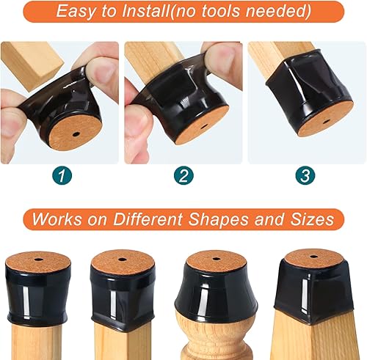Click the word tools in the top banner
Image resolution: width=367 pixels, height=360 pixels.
tap(246, 11)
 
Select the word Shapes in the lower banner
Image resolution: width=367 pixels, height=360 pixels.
tap(232, 219)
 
